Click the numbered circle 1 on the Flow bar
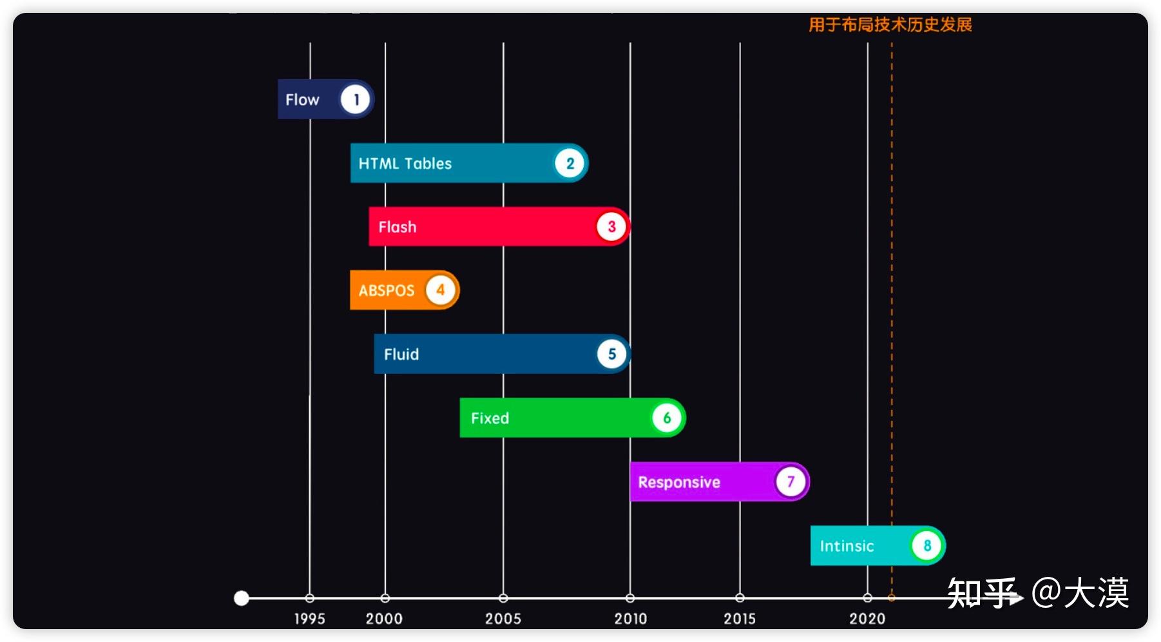pyautogui.click(x=355, y=100)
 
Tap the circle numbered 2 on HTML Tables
pyautogui.click(x=570, y=164)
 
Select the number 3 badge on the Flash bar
pyautogui.click(x=611, y=227)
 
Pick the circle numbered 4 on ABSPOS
pyautogui.click(x=441, y=290)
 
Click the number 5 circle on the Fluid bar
pyautogui.click(x=611, y=354)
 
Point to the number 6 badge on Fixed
pyautogui.click(x=667, y=418)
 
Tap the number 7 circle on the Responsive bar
pyautogui.click(x=791, y=481)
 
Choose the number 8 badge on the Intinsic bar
pyautogui.click(x=927, y=546)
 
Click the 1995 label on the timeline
pyautogui.click(x=309, y=619)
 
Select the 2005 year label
pyautogui.click(x=503, y=619)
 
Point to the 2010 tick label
pyautogui.click(x=630, y=619)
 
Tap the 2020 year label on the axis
pyautogui.click(x=867, y=619)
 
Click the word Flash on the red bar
pyautogui.click(x=398, y=228)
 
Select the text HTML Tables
pyautogui.click(x=405, y=164)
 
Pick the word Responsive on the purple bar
pyautogui.click(x=679, y=482)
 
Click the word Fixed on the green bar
pyautogui.click(x=490, y=418)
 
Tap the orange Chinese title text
pyautogui.click(x=890, y=25)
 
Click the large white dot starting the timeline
pyautogui.click(x=242, y=598)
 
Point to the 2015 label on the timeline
pyautogui.click(x=740, y=619)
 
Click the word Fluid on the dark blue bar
pyautogui.click(x=401, y=355)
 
